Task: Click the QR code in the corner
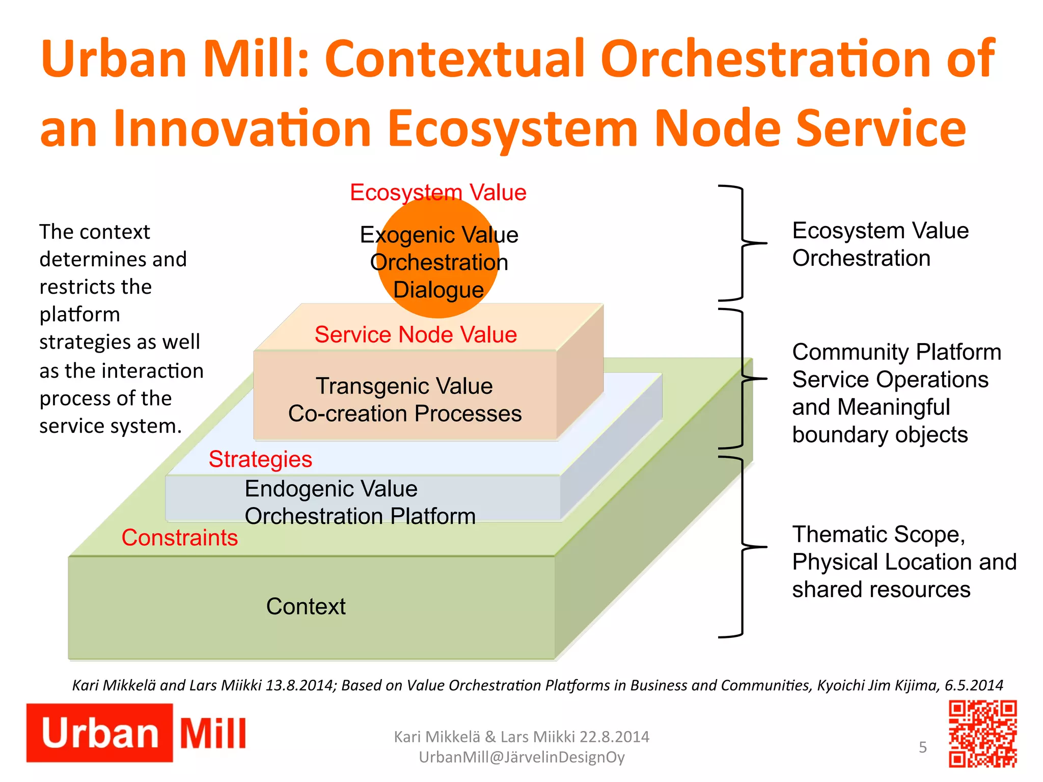click(982, 734)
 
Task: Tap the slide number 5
click(922, 747)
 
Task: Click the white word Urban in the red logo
click(100, 734)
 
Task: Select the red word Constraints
click(179, 538)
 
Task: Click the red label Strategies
click(260, 459)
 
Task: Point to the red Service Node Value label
click(416, 334)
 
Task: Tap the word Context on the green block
click(306, 606)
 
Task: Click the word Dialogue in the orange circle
click(438, 290)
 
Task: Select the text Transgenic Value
click(404, 386)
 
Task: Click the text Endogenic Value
click(331, 489)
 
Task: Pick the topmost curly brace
click(741, 243)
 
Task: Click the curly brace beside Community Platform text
click(741, 379)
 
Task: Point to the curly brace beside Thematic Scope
click(741, 547)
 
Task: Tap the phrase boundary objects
click(880, 435)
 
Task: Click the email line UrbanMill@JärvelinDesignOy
click(521, 758)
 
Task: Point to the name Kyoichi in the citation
click(840, 685)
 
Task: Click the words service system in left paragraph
click(111, 426)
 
